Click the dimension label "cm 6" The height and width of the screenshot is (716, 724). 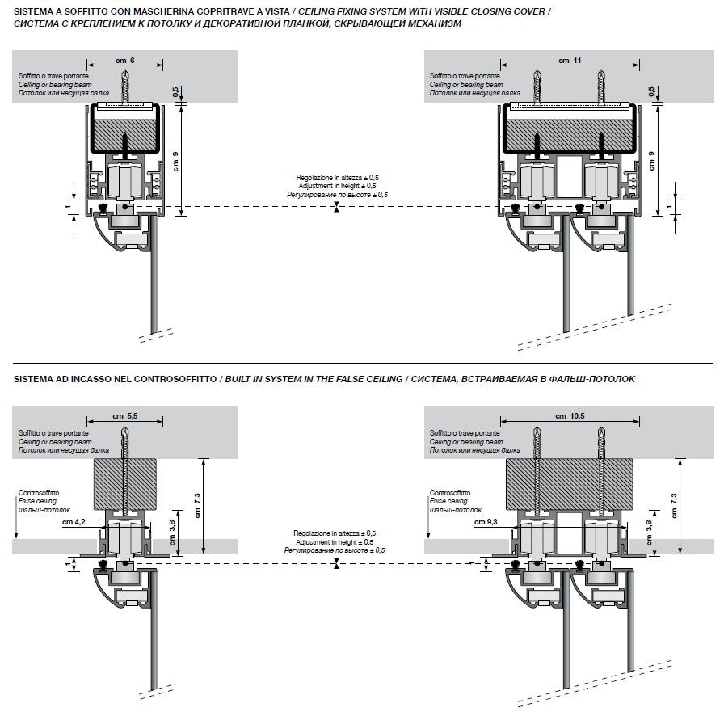[x=125, y=61]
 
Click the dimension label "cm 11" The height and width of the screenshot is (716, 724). [x=570, y=61]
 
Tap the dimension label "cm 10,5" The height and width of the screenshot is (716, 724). [x=570, y=415]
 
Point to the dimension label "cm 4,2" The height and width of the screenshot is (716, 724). [x=75, y=523]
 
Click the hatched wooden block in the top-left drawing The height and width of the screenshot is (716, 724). [x=125, y=128]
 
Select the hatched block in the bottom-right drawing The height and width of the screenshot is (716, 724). [x=570, y=482]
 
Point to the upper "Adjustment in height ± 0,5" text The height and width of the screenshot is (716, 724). [x=337, y=186]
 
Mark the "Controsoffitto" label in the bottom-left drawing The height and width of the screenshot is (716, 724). [x=39, y=493]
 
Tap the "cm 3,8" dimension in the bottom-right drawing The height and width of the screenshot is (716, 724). [x=650, y=530]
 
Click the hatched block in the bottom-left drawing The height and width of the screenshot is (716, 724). [x=126, y=482]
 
